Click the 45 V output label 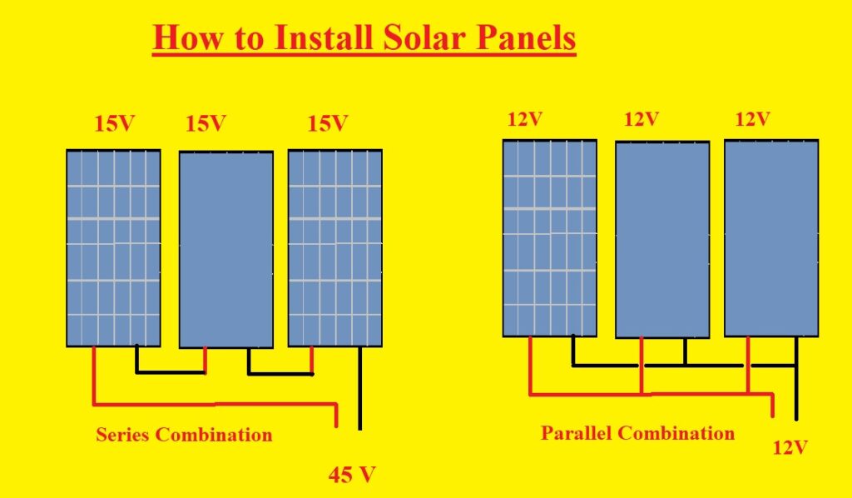[x=352, y=476]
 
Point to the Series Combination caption [x=184, y=434]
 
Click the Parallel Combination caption [x=637, y=433]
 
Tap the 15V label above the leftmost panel [x=114, y=125]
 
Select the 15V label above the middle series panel [x=205, y=125]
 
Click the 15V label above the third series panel [x=327, y=124]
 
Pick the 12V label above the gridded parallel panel [x=524, y=119]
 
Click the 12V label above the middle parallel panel [x=641, y=119]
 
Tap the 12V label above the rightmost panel [x=752, y=119]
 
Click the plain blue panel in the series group [x=226, y=249]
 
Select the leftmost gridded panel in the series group [x=113, y=247]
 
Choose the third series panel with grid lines [x=334, y=247]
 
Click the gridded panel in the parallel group [x=549, y=237]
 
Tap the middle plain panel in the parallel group [x=662, y=239]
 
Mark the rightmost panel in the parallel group [x=771, y=237]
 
